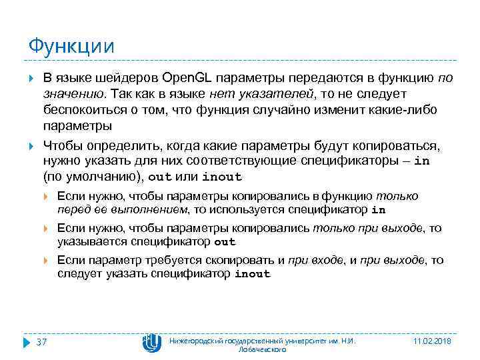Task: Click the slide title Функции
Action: pyautogui.click(x=71, y=46)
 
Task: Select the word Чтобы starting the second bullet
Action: pyautogui.click(x=62, y=145)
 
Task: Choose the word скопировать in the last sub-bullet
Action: pyautogui.click(x=241, y=260)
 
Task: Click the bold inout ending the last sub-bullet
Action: pyautogui.click(x=253, y=274)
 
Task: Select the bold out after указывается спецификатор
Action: pyautogui.click(x=225, y=242)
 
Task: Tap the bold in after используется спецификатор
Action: pyautogui.click(x=377, y=210)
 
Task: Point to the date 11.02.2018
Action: pyautogui.click(x=433, y=341)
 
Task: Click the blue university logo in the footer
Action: pyautogui.click(x=151, y=343)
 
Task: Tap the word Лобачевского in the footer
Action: pyautogui.click(x=262, y=349)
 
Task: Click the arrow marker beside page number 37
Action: pyautogui.click(x=27, y=342)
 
